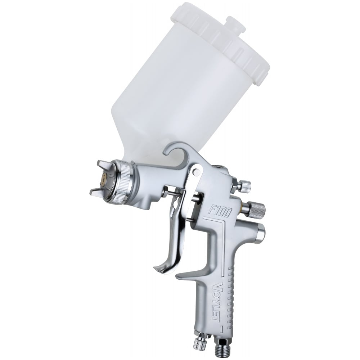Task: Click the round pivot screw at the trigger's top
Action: click(x=196, y=171)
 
